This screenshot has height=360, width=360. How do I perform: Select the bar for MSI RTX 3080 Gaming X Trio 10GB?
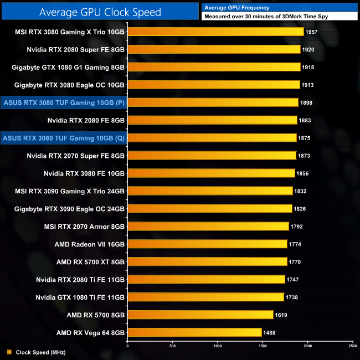click(x=215, y=32)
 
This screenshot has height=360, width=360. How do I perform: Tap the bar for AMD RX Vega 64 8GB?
click(x=194, y=332)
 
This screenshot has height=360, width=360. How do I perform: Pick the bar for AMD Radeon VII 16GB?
click(x=207, y=244)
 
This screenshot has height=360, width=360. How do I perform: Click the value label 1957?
click(x=312, y=32)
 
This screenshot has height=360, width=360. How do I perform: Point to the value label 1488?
click(x=270, y=333)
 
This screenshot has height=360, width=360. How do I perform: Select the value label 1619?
click(x=281, y=315)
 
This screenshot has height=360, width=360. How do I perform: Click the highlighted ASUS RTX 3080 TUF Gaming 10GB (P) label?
click(x=64, y=102)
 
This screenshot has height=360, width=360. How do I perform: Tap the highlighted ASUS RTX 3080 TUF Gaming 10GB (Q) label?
click(x=64, y=138)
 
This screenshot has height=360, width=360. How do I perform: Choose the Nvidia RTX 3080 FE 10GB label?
click(x=84, y=173)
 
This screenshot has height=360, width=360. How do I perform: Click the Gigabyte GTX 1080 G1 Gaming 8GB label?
click(x=68, y=67)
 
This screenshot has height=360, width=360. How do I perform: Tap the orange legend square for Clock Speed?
click(x=9, y=352)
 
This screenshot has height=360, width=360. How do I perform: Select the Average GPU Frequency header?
click(x=237, y=8)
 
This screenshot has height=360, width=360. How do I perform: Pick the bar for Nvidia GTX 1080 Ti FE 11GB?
click(x=205, y=297)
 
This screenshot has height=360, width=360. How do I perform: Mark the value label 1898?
click(x=306, y=102)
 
